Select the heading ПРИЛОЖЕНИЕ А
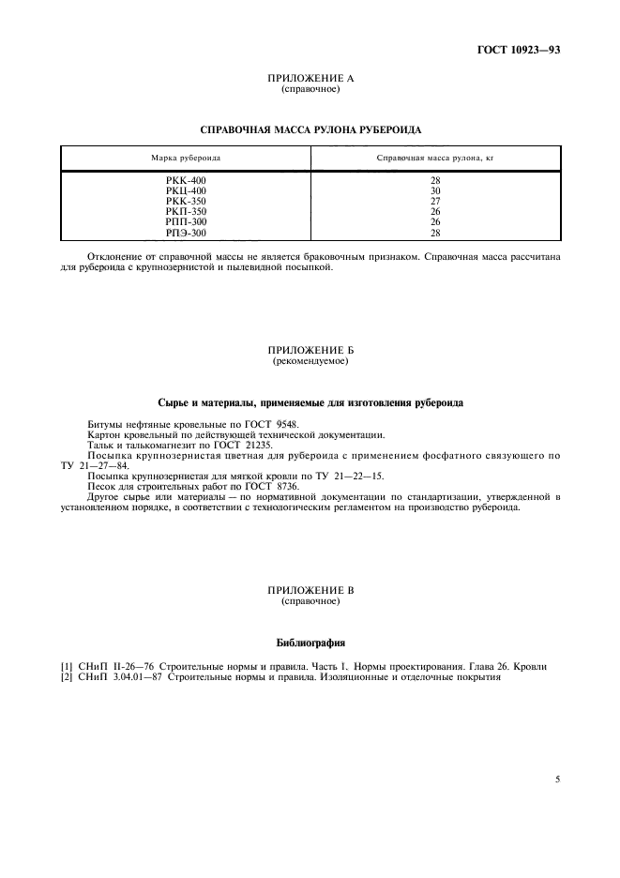(310, 79)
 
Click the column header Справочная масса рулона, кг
(434, 158)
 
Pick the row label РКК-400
(185, 180)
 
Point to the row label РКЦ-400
(185, 190)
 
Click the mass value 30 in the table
(434, 190)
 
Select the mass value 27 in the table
(434, 201)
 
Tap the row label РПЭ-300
(185, 233)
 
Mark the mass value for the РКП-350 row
(434, 212)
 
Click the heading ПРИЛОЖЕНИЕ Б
(310, 350)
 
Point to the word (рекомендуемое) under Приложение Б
(310, 360)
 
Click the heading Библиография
(310, 643)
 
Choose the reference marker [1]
(67, 666)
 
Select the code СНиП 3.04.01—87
(122, 676)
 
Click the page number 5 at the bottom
(557, 778)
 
